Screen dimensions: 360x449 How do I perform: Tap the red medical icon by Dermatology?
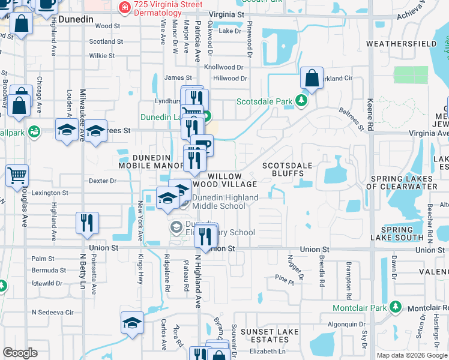[x=124, y=8]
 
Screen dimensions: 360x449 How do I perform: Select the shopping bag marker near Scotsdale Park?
[x=312, y=78]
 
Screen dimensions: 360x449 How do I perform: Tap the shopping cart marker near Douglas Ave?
[x=17, y=176]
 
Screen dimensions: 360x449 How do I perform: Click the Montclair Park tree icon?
[x=396, y=307]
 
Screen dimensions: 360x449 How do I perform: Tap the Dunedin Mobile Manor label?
[x=151, y=161]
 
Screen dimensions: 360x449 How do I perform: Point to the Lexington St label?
[x=50, y=193]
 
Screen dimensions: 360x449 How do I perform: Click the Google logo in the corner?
[x=20, y=353]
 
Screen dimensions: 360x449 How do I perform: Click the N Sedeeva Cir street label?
[x=52, y=313]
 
